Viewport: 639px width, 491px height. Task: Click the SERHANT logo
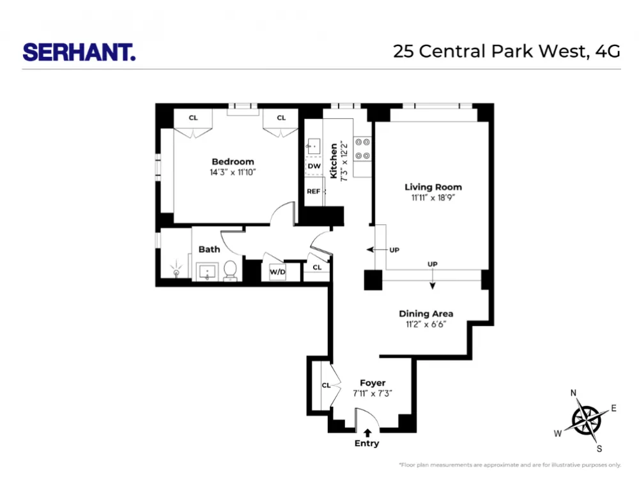pos(79,52)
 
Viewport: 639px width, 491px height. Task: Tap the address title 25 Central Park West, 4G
pos(507,51)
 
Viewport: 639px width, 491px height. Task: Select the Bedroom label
pos(233,162)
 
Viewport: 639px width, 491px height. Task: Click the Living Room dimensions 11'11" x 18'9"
pos(433,198)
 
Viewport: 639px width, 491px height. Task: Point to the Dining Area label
pos(426,313)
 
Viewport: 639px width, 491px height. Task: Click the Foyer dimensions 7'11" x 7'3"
pos(373,393)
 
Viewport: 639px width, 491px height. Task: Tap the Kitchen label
pos(334,161)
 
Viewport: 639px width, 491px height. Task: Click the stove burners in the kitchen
pos(362,149)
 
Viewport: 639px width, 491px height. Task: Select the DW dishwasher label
pos(314,166)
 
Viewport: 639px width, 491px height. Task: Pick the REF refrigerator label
pos(313,192)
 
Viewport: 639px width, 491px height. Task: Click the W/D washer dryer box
pos(277,271)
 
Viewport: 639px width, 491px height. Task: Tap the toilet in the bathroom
pos(230,271)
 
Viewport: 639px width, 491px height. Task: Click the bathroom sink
pos(208,272)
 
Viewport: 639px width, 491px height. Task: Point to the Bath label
pos(209,249)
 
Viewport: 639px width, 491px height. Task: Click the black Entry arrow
pos(367,433)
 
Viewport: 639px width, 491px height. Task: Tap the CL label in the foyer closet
pos(326,385)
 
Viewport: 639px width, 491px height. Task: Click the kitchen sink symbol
pos(313,146)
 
